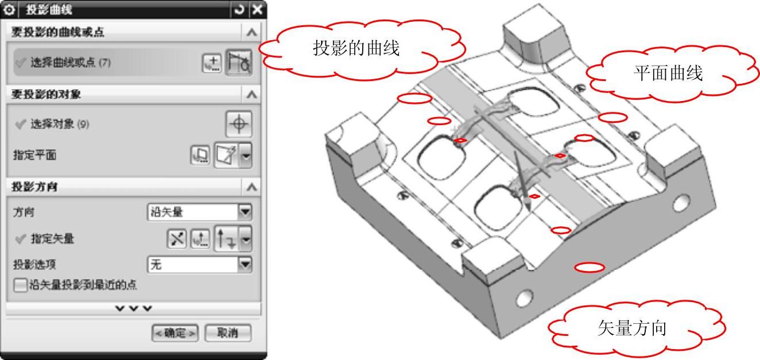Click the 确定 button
(x=175, y=333)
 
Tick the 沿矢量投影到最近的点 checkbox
(x=20, y=285)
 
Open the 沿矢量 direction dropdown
(x=245, y=212)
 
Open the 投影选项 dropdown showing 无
(x=245, y=265)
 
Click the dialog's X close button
(x=257, y=10)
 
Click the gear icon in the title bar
(x=9, y=10)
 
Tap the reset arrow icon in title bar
(x=239, y=10)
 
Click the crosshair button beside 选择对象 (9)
(x=239, y=124)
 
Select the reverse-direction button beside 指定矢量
(x=177, y=238)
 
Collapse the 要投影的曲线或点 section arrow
(x=251, y=33)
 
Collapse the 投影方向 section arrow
(x=251, y=187)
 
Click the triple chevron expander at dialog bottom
(x=134, y=308)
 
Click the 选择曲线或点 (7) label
(x=71, y=63)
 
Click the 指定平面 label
(x=34, y=155)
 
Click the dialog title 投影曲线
(x=49, y=10)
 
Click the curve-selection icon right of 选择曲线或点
(x=239, y=63)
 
